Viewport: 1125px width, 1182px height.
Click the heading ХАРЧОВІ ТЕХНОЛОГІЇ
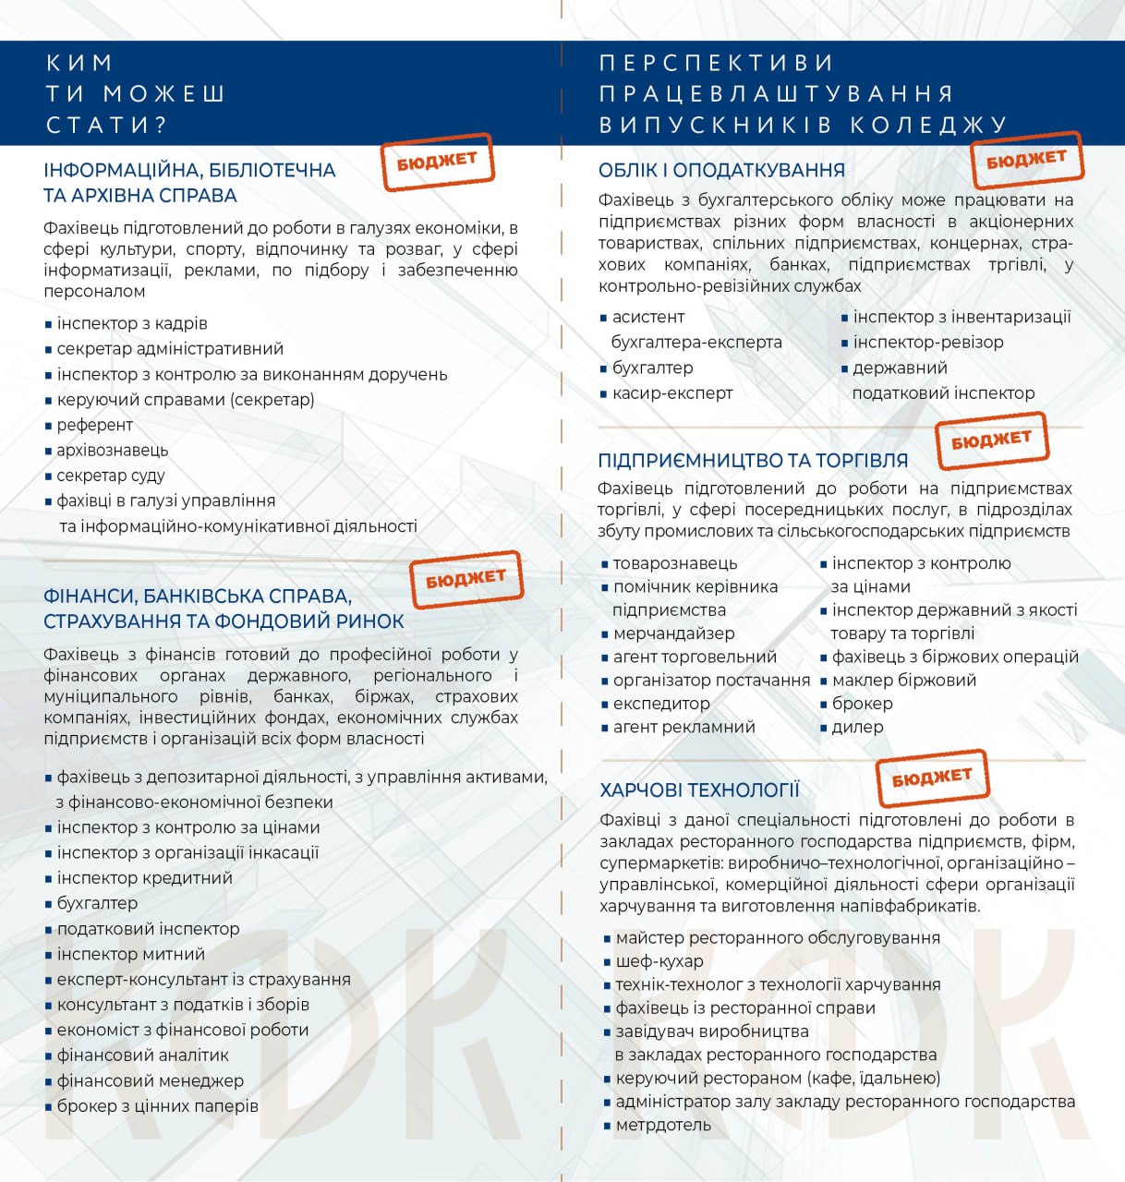point(699,790)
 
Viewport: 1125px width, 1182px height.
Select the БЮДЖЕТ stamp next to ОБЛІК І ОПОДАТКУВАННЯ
point(1026,160)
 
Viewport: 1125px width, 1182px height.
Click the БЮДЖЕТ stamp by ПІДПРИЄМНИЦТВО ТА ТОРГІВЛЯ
point(991,440)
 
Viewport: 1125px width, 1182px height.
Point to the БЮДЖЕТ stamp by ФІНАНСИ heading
point(466,579)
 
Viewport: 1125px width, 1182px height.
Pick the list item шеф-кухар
point(659,961)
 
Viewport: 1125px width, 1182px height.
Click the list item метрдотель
point(662,1125)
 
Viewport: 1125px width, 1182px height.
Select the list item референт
point(94,425)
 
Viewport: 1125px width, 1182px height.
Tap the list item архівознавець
point(112,451)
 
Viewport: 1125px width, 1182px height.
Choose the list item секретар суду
point(110,476)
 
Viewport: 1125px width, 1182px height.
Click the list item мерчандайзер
point(673,633)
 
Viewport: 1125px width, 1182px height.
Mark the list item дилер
point(857,727)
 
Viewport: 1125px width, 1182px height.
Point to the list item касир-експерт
point(671,393)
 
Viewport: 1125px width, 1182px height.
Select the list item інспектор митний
point(130,954)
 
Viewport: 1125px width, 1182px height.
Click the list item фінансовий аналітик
point(142,1055)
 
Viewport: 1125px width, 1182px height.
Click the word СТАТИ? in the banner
point(106,125)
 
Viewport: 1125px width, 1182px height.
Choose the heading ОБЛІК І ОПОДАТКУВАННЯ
point(721,171)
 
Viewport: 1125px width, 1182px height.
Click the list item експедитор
point(661,704)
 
